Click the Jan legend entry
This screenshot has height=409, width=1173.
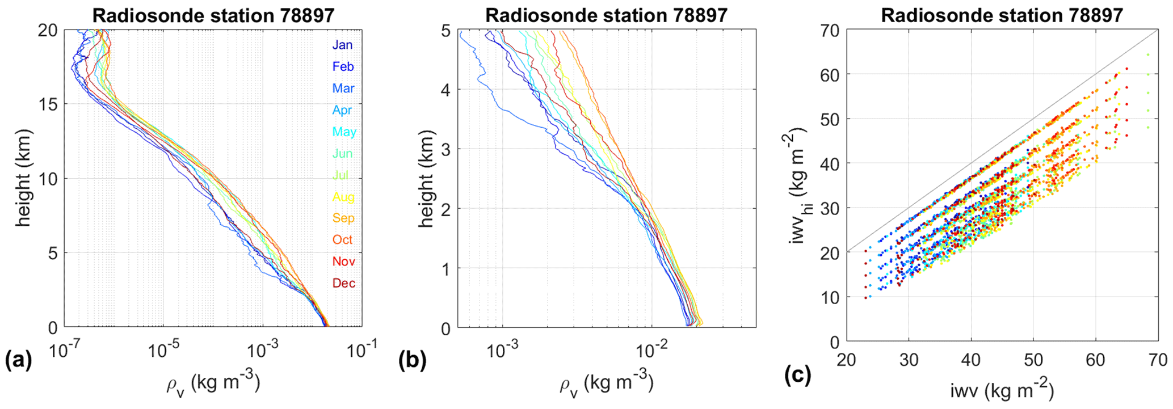[342, 45]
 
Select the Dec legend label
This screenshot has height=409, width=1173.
[343, 283]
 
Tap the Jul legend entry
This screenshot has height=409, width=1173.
[340, 175]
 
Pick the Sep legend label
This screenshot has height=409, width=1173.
[343, 218]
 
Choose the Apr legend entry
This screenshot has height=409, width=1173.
[342, 110]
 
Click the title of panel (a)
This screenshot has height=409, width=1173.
[213, 15]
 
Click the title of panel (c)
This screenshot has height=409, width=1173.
[1002, 15]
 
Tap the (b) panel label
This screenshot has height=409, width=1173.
[413, 361]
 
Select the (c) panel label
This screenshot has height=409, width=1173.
[797, 374]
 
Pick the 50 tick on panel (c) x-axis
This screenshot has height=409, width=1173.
[1033, 360]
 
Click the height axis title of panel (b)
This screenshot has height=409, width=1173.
[426, 179]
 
